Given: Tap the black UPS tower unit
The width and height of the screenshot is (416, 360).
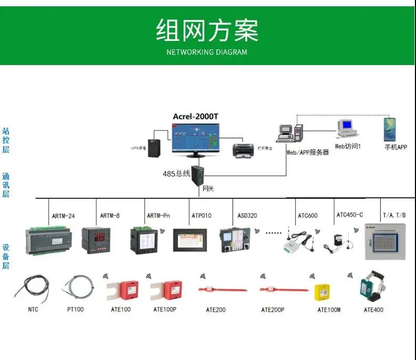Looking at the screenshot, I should [154, 148].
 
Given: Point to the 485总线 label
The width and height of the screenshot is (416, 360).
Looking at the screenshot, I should [176, 173].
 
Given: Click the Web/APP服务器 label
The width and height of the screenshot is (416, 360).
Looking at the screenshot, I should [307, 152].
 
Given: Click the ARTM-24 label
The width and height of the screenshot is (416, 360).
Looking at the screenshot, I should [63, 216].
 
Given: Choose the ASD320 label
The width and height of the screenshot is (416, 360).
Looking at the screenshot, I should [247, 216].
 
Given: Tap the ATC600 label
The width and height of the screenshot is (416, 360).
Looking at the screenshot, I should [308, 216].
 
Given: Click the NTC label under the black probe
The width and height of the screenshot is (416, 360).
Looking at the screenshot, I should [33, 310].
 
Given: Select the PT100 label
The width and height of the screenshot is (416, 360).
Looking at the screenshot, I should [75, 310].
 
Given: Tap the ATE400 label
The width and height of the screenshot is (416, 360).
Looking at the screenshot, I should [373, 310].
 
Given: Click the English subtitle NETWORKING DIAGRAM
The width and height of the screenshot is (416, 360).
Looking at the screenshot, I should [206, 52].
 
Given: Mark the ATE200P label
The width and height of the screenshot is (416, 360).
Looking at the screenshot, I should [273, 310].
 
